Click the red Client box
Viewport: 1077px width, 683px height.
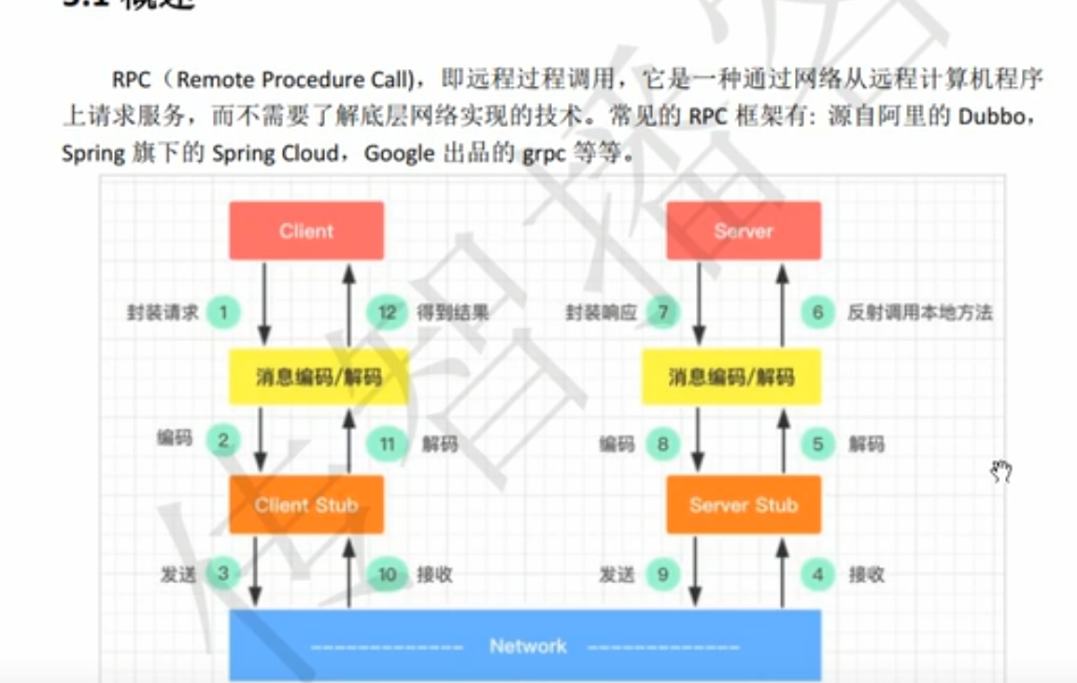(306, 231)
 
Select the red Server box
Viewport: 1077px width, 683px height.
(744, 231)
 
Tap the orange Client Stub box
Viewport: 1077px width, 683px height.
(306, 505)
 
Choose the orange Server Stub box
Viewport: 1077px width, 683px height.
(744, 505)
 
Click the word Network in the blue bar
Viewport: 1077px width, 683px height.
(528, 646)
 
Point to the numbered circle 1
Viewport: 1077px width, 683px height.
(224, 312)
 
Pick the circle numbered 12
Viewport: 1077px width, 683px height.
(387, 312)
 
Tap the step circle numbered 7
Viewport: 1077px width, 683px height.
(663, 312)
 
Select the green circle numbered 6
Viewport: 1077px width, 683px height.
(817, 312)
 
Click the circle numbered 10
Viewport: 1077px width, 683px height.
(387, 574)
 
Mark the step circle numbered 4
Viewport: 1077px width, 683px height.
(817, 574)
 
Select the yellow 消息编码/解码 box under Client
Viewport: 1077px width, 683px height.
(319, 377)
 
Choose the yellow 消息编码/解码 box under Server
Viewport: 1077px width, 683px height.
(731, 377)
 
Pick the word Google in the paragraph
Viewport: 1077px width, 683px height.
(399, 153)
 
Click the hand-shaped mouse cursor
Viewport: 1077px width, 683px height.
(1001, 472)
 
